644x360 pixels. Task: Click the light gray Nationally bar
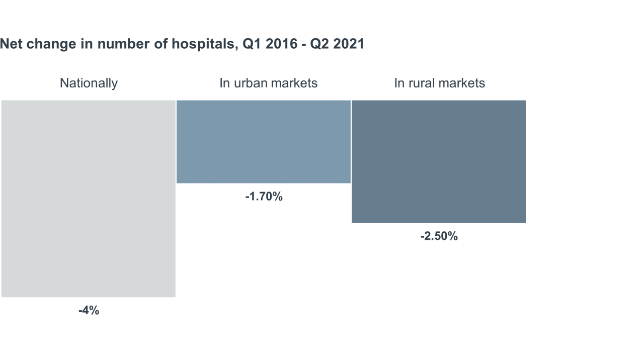(89, 199)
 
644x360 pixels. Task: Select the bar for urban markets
(263, 141)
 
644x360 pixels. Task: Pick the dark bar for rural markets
(438, 161)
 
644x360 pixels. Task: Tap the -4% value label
(89, 311)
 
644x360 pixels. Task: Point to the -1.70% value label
(264, 197)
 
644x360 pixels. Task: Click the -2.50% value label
(439, 236)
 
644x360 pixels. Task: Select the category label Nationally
(89, 83)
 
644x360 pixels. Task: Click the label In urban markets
(268, 83)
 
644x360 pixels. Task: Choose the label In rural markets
(439, 83)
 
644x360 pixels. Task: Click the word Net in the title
(11, 44)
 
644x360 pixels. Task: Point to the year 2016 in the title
(282, 44)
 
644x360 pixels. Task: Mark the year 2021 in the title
(348, 44)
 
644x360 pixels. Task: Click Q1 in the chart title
(252, 44)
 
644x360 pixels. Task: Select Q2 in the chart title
(319, 44)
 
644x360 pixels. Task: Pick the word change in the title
(46, 44)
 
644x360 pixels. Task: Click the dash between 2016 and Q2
(304, 44)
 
